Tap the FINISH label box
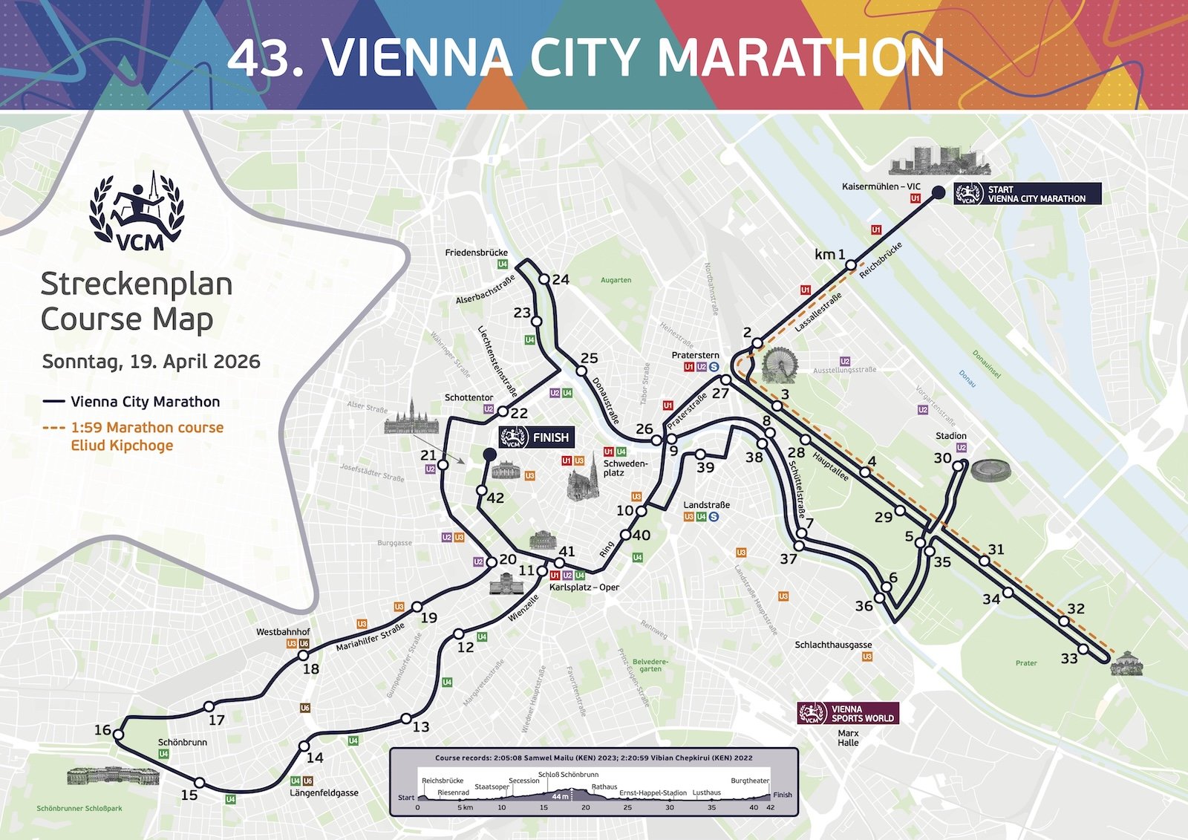point(536,437)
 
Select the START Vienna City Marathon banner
point(1027,194)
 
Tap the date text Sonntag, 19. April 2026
point(151,362)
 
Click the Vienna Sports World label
point(848,714)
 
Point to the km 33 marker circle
point(1083,649)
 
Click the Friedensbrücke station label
point(476,253)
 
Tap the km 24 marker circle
point(544,279)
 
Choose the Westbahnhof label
point(283,632)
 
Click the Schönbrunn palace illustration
point(113,776)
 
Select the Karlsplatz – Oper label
point(584,587)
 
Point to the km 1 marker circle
point(852,264)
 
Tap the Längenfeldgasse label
point(324,792)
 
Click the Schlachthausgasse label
point(833,645)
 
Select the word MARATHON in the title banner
point(801,57)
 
